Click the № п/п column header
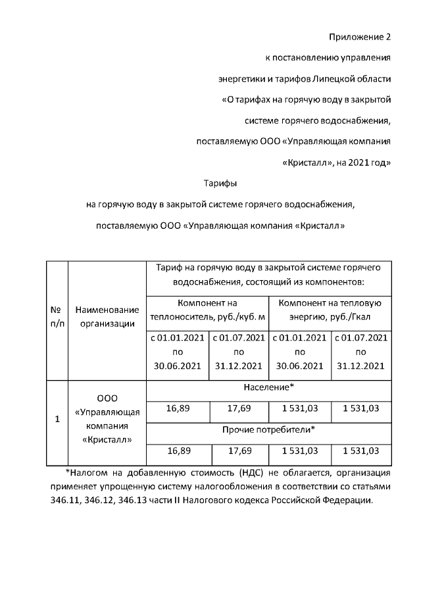tap(57, 316)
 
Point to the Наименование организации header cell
tap(107, 316)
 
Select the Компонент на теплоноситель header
tap(208, 310)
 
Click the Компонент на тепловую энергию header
tap(330, 310)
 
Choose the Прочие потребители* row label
tap(269, 431)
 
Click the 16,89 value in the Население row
tap(178, 409)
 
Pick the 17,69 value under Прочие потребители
tap(239, 451)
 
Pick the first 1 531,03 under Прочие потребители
tap(300, 451)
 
